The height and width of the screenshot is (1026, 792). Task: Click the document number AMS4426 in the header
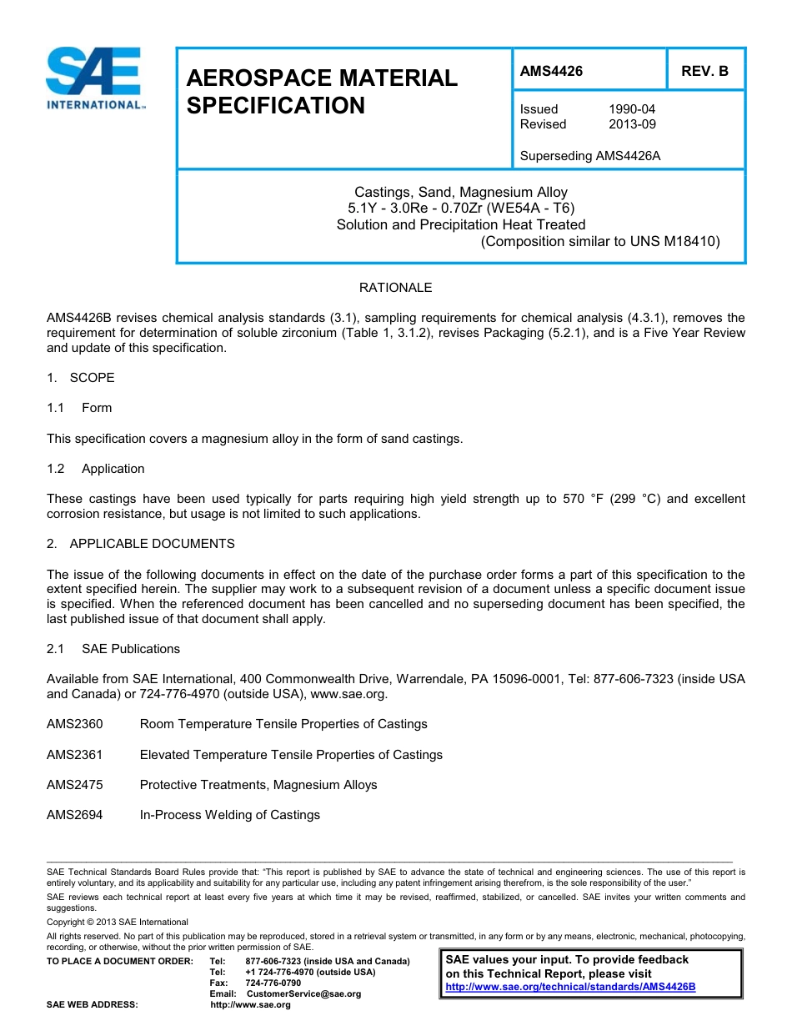pos(551,71)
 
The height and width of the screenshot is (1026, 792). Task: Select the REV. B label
pos(704,71)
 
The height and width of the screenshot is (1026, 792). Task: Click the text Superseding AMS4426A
pos(589,155)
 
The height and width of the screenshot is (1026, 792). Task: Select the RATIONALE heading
pos(395,288)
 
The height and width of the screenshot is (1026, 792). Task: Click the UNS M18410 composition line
pos(600,242)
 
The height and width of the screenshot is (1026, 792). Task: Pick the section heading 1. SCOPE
pos(81,378)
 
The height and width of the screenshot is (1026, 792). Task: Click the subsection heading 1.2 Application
pos(96,469)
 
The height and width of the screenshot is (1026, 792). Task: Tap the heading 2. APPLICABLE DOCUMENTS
pos(141,544)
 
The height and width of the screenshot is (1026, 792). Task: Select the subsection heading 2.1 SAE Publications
pos(113,649)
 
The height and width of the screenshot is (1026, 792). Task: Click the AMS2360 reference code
pos(75,724)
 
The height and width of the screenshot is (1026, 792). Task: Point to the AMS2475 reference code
pos(75,785)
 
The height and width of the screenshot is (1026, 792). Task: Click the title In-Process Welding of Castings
pos(229,815)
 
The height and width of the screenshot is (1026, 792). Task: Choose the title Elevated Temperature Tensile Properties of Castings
pos(291,755)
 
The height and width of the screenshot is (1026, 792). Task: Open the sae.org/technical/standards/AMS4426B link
pos(570,987)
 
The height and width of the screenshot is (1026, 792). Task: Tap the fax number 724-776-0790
pos(273,983)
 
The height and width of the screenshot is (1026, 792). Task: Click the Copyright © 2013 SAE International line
pos(118,922)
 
